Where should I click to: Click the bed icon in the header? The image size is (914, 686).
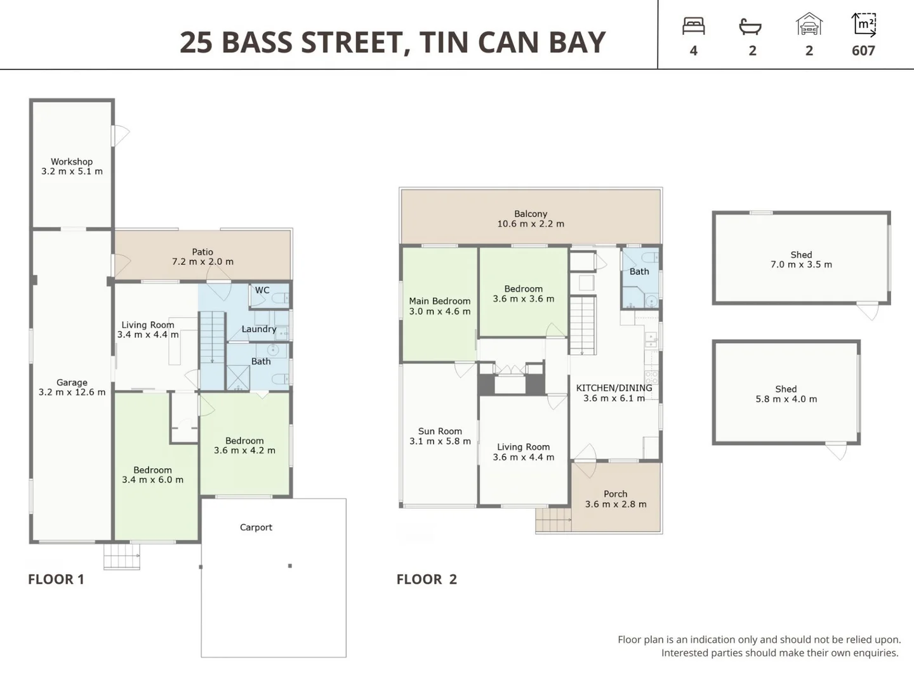tap(693, 26)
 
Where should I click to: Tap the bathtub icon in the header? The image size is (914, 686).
tap(750, 27)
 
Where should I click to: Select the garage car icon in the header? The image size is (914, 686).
tap(809, 25)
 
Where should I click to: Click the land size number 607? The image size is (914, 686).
tap(863, 51)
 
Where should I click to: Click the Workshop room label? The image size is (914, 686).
tap(72, 166)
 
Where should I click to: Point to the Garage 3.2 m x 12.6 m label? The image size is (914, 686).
tap(72, 387)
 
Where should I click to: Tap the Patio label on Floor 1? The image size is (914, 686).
tap(202, 257)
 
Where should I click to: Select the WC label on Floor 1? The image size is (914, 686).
tap(262, 290)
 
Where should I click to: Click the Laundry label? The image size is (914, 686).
tap(259, 329)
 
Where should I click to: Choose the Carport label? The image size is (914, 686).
tap(256, 527)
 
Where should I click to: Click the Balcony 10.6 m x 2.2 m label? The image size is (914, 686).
tap(531, 219)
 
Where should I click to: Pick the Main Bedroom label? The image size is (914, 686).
tap(440, 306)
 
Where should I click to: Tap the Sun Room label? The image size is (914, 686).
tap(440, 436)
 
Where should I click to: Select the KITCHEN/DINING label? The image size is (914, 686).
tap(614, 393)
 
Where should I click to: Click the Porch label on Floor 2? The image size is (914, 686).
tap(616, 499)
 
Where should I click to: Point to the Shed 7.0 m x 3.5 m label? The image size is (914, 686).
tap(801, 259)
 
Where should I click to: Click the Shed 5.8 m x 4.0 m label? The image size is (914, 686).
tap(786, 394)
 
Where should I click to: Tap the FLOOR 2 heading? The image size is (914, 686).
tap(427, 579)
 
